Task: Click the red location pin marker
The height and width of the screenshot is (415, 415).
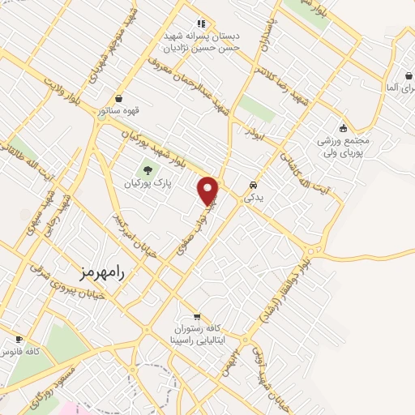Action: point(209,190)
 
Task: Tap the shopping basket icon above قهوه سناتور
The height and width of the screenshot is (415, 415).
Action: point(119,98)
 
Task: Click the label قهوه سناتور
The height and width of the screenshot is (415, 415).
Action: point(119,110)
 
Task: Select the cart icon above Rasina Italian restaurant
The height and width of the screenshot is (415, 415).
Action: point(197,316)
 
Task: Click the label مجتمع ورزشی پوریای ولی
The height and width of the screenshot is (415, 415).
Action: point(344,145)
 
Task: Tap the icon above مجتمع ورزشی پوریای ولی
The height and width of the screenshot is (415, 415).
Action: point(344,127)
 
